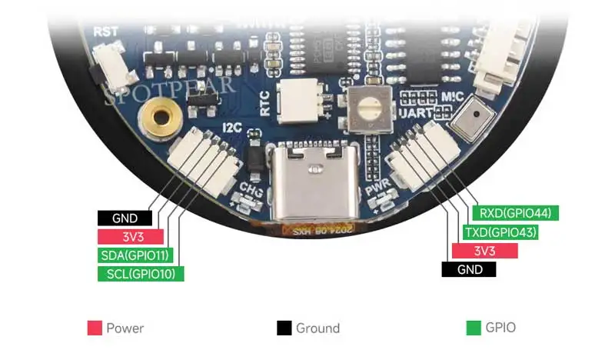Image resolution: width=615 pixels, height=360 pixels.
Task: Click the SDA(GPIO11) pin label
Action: click(x=135, y=255)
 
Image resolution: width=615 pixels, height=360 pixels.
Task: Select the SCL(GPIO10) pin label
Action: click(x=141, y=273)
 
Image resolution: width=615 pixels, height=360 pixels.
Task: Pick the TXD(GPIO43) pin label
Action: click(x=500, y=232)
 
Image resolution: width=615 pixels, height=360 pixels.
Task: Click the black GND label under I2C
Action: click(x=125, y=218)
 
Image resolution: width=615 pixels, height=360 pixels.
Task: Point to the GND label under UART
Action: click(x=469, y=269)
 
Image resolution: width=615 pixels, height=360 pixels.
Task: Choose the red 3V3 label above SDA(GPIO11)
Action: click(x=131, y=236)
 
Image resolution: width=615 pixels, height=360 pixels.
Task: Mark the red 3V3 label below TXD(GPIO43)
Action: click(x=484, y=251)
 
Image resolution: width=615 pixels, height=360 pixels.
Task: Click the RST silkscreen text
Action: click(x=105, y=32)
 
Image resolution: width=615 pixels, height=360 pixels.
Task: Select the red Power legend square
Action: click(x=95, y=328)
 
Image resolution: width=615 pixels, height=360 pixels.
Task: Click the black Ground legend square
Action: click(x=284, y=328)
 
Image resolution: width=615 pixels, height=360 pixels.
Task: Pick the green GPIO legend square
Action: click(x=474, y=328)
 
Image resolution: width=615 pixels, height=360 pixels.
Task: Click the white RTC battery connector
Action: click(x=296, y=99)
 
